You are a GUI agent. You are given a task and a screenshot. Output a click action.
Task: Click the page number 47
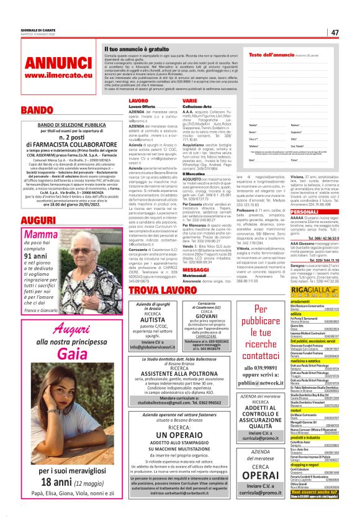tap(335, 32)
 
